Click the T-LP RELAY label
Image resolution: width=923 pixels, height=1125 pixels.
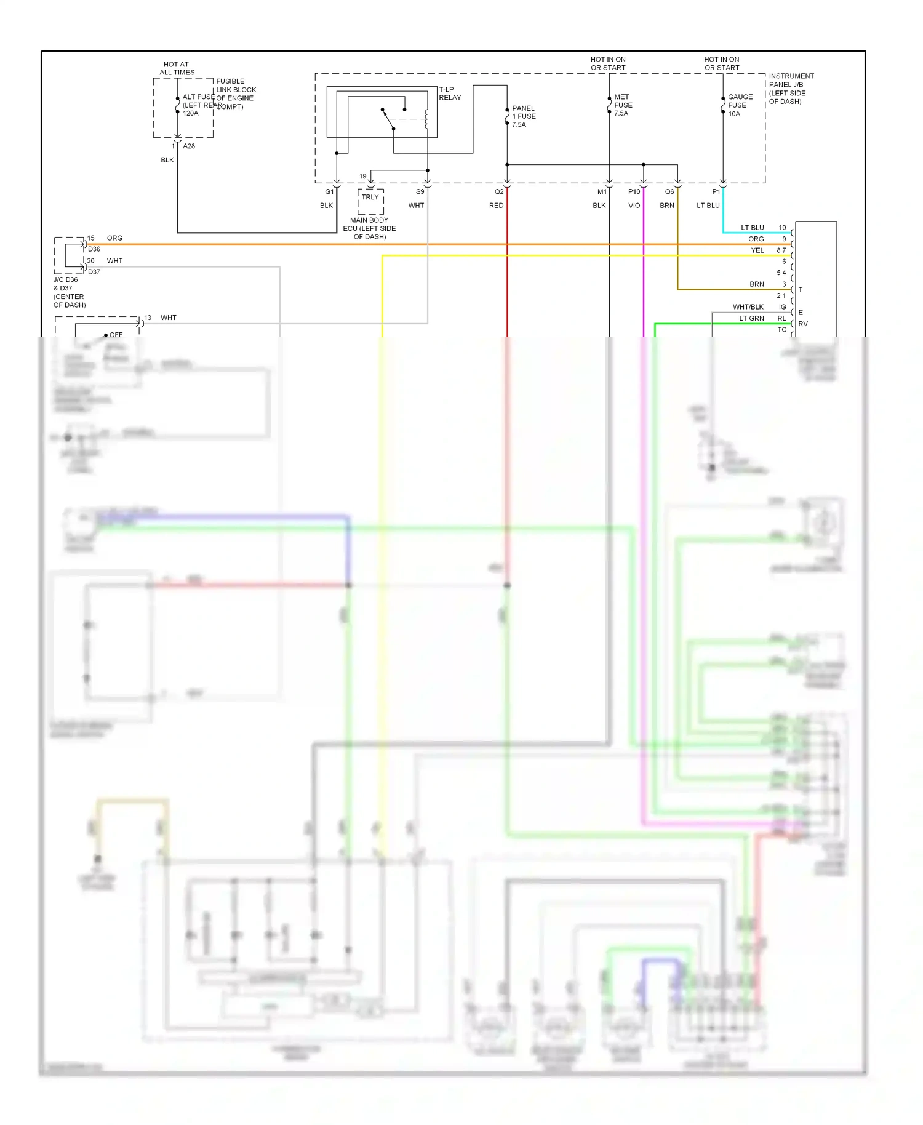449,94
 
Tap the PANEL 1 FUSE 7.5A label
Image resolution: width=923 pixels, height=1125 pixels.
524,116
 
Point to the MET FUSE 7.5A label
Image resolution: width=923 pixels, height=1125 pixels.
623,105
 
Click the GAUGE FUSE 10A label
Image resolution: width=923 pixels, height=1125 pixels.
740,105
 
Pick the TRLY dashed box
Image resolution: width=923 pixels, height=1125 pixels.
370,201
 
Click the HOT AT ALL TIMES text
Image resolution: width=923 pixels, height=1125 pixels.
177,68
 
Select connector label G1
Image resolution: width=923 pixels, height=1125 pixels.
329,192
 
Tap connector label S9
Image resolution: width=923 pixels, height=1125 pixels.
420,192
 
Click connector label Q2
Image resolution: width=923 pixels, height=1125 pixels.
499,192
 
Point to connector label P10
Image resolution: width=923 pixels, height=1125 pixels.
634,192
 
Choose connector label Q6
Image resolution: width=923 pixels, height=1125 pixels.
669,192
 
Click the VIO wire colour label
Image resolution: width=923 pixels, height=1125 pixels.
634,206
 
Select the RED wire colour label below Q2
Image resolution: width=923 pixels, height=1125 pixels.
496,206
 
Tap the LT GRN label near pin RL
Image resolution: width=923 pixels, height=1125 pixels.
751,318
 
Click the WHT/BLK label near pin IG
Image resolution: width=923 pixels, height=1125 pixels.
748,307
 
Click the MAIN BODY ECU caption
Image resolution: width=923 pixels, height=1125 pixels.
369,228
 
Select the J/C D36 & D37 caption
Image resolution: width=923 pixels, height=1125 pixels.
69,292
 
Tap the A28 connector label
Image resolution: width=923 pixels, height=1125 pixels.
189,146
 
